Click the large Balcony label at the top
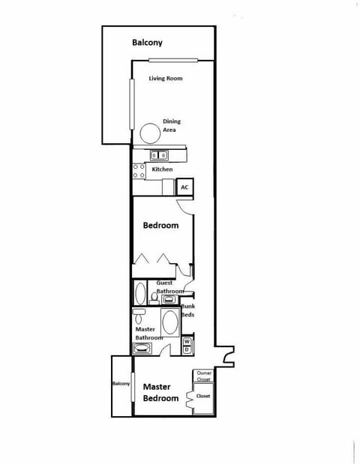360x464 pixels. click(x=147, y=43)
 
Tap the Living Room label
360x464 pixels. click(x=165, y=79)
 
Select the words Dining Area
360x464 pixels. click(x=172, y=125)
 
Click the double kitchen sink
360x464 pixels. click(x=159, y=156)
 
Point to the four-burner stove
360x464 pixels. click(x=139, y=171)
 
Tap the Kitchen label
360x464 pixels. click(x=162, y=169)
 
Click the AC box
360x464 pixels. click(x=184, y=187)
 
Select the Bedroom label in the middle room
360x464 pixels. click(x=160, y=225)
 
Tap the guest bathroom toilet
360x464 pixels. click(x=154, y=298)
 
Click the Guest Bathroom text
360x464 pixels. click(x=169, y=287)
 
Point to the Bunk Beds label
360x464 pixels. click(x=187, y=310)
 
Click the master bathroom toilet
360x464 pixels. click(x=139, y=315)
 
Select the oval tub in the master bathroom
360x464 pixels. click(x=170, y=322)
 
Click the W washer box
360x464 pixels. click(x=187, y=341)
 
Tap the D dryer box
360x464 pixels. click(x=187, y=349)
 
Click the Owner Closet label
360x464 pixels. click(x=203, y=376)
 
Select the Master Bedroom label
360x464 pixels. click(x=160, y=392)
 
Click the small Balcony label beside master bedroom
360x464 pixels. click(x=121, y=384)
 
